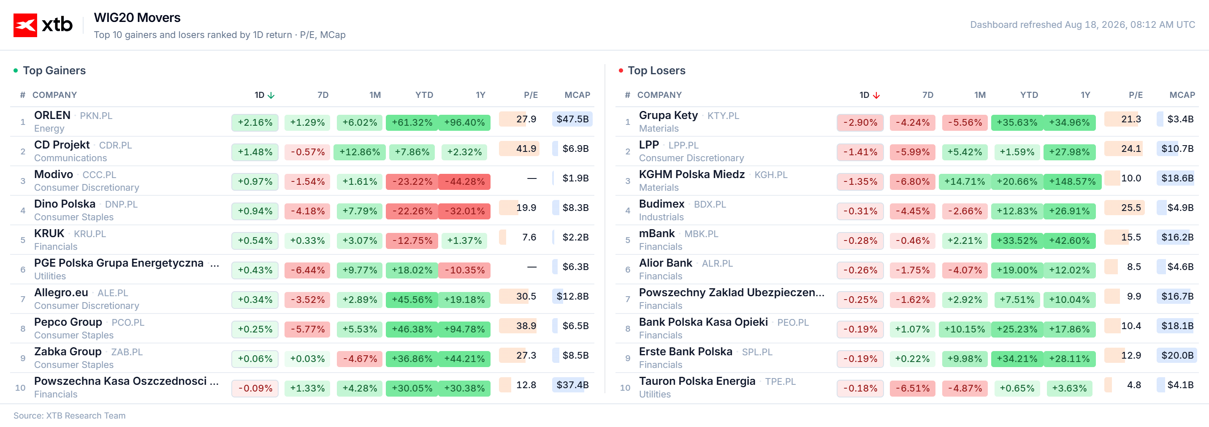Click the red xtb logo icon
25,25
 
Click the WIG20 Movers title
137,18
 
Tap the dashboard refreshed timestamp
1082,24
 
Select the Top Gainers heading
54,70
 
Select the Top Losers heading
656,70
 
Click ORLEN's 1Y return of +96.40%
464,122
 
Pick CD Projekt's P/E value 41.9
526,149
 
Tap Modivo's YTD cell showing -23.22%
412,181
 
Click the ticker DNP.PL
121,205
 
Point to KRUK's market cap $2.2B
575,238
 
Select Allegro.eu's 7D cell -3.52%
307,300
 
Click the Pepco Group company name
68,322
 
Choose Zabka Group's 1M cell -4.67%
360,359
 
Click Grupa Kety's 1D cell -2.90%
860,122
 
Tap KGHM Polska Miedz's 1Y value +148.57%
1072,181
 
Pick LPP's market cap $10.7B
1177,149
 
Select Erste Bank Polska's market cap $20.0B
1177,356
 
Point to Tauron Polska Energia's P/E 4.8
1134,385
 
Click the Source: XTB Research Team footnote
70,416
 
